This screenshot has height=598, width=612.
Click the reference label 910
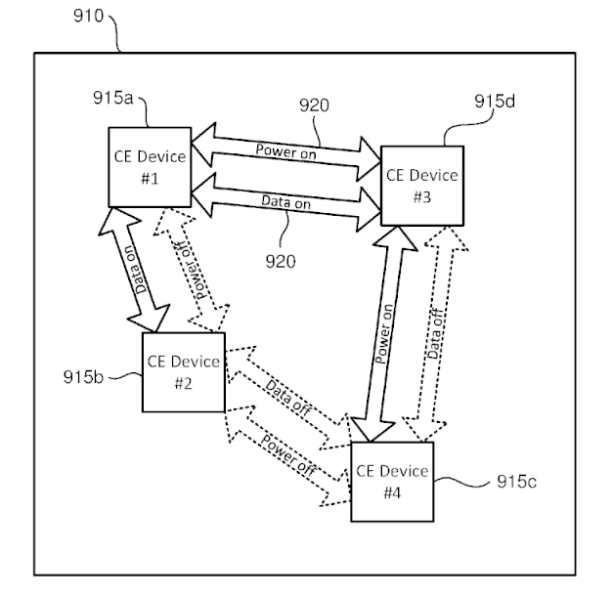[89, 16]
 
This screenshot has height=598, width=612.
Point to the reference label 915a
[113, 98]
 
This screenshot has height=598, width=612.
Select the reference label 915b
[83, 377]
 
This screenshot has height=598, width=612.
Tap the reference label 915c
[517, 482]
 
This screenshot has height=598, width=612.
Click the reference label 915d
[495, 102]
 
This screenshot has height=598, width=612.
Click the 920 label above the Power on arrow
[314, 106]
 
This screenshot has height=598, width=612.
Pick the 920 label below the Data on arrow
[281, 261]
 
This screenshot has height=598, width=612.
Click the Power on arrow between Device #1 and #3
[286, 152]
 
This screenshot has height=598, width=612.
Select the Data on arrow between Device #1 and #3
[286, 202]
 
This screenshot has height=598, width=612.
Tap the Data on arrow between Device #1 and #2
[134, 270]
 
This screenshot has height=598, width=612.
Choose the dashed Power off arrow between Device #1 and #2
[192, 270]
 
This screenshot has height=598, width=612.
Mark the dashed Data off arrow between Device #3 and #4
[435, 334]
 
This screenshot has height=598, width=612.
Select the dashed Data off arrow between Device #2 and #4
[288, 398]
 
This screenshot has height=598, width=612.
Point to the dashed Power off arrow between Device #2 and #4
[288, 455]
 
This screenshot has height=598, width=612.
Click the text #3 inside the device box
[422, 197]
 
